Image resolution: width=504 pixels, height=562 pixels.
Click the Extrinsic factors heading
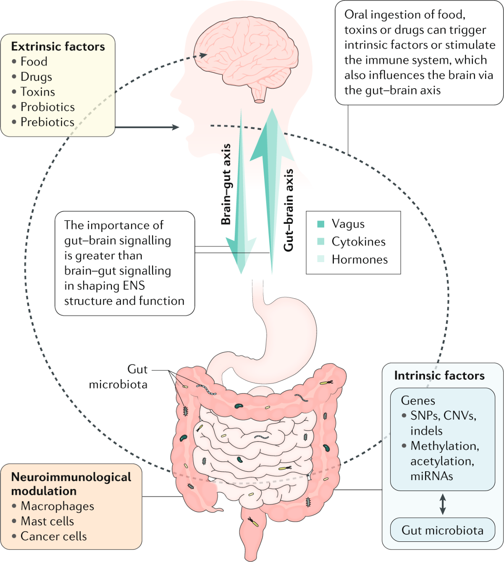click(x=58, y=47)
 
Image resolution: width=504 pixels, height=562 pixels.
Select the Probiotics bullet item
click(x=47, y=107)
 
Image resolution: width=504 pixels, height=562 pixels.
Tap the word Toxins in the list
click(x=38, y=92)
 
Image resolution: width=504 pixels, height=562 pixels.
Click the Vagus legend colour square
click(x=321, y=224)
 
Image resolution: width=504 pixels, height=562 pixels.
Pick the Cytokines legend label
click(x=358, y=242)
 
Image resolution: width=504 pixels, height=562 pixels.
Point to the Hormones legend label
click(x=360, y=260)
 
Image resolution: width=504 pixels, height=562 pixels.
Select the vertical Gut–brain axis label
click(x=289, y=210)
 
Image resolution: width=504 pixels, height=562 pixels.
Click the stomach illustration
click(x=290, y=332)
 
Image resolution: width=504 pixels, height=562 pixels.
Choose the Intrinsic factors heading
click(x=439, y=376)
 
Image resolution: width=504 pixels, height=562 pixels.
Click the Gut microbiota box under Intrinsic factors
click(x=442, y=530)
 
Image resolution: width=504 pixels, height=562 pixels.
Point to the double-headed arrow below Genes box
click(x=442, y=504)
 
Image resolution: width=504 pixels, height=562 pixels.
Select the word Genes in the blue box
click(x=418, y=400)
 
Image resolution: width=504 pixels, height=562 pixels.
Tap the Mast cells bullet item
click(x=47, y=521)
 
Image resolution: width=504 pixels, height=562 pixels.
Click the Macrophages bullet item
click(x=57, y=506)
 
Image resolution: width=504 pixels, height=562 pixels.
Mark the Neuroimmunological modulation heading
click(x=71, y=484)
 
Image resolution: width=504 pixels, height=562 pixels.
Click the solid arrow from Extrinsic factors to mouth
click(x=147, y=127)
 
